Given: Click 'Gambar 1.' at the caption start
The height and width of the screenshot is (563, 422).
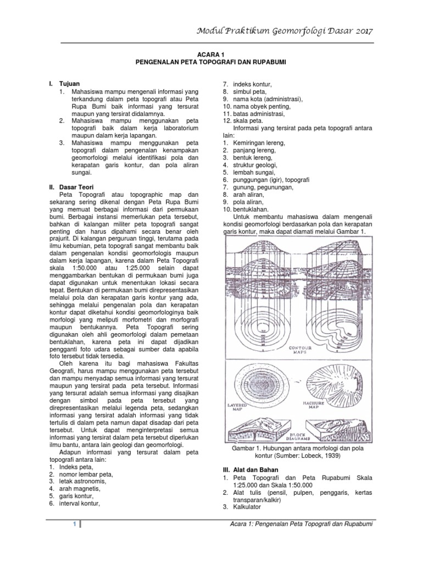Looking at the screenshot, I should coord(248,449).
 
